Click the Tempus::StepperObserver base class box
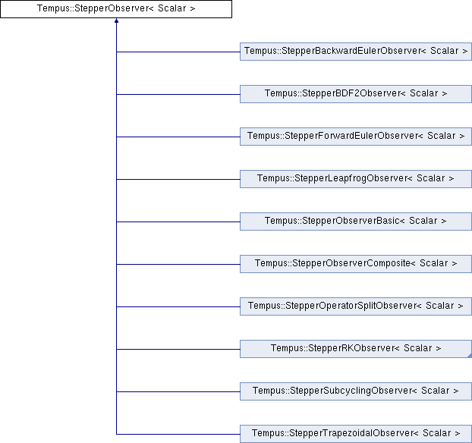[x=116, y=9]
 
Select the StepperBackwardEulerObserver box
[x=356, y=52]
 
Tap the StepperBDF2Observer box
[x=356, y=94]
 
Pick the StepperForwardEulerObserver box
[x=356, y=137]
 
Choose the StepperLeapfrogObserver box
[x=356, y=179]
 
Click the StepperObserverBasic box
[x=356, y=221]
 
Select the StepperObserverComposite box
[x=356, y=264]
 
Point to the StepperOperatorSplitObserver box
[x=356, y=306]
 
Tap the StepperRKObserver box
[x=356, y=349]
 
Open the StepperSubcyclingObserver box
[x=356, y=391]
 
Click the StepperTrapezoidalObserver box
[x=356, y=434]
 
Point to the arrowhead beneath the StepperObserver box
[x=116, y=20]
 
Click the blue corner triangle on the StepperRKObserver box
[x=470, y=356]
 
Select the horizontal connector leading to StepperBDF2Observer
[x=178, y=94]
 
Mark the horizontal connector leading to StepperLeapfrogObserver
[x=178, y=179]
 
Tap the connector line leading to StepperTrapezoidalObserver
[x=178, y=434]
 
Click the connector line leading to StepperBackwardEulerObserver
[x=178, y=52]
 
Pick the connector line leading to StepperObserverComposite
[x=178, y=264]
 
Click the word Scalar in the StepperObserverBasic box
[x=423, y=221]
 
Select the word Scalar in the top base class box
[x=172, y=8]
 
